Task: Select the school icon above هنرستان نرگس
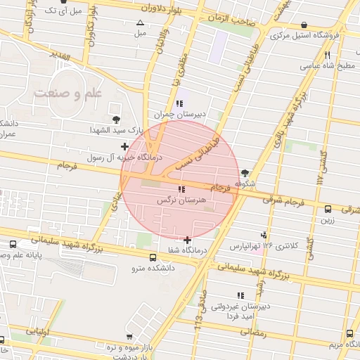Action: pyautogui.click(x=182, y=189)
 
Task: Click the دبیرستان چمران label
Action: pyautogui.click(x=180, y=114)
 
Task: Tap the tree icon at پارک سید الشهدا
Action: pyautogui.click(x=116, y=120)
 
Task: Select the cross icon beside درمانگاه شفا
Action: pyautogui.click(x=187, y=240)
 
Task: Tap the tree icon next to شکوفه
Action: pyautogui.click(x=245, y=173)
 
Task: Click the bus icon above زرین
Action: pyautogui.click(x=328, y=209)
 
